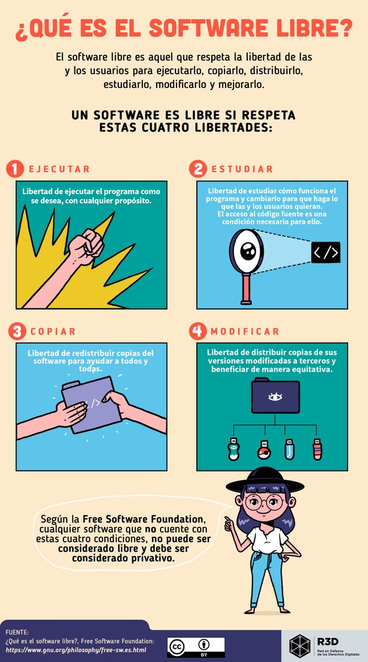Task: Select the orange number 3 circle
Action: pyautogui.click(x=17, y=332)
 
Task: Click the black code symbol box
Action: pyautogui.click(x=326, y=252)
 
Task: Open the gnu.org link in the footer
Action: pyautogui.click(x=76, y=650)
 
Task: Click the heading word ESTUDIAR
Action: pyautogui.click(x=242, y=169)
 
